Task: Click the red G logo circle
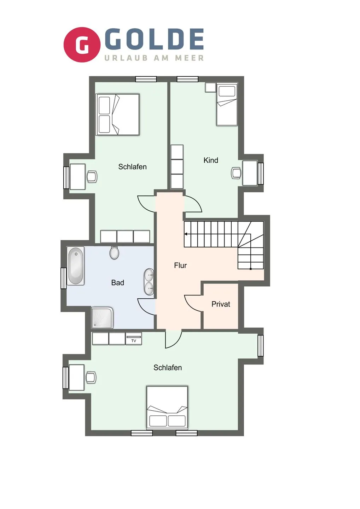(82, 45)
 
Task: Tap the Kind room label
(211, 160)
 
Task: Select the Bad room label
(117, 282)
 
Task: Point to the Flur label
(180, 265)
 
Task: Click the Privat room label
(221, 304)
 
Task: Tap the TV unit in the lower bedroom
(134, 339)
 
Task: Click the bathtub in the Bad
(76, 265)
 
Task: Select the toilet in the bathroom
(114, 252)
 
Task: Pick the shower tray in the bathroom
(102, 317)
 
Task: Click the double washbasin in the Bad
(149, 282)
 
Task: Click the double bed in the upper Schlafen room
(118, 114)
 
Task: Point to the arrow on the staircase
(186, 234)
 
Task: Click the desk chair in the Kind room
(236, 173)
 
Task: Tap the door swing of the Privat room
(193, 303)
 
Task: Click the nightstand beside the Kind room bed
(210, 87)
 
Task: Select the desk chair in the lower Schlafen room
(91, 377)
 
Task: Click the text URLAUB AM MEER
(154, 58)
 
